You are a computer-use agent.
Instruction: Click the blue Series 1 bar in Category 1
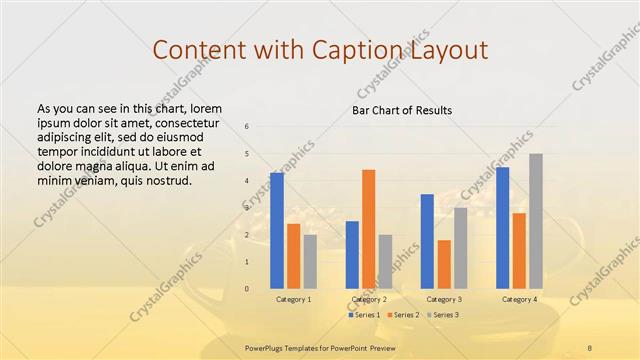tap(277, 231)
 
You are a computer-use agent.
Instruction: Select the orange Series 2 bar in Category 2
tap(369, 229)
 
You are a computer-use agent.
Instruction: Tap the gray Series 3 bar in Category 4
tap(536, 221)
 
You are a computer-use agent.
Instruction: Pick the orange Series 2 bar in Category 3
tap(444, 264)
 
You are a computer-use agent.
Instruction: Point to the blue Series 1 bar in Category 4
tap(502, 228)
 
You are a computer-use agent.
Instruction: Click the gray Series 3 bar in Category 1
tap(310, 262)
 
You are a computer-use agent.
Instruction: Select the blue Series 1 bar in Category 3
tap(427, 241)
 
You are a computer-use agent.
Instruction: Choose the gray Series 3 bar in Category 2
tap(386, 262)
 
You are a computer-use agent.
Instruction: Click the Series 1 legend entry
tap(365, 315)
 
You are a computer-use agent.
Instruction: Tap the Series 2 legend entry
tap(403, 315)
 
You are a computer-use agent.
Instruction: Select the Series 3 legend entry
tap(443, 315)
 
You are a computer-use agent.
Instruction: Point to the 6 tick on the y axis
tap(247, 127)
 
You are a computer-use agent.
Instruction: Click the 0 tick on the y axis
tap(247, 289)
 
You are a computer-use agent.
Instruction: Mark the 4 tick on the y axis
tap(247, 181)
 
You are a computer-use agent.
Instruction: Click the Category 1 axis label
tap(293, 299)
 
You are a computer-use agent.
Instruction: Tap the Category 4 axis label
tap(519, 299)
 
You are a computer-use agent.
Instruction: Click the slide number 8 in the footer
tap(589, 346)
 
